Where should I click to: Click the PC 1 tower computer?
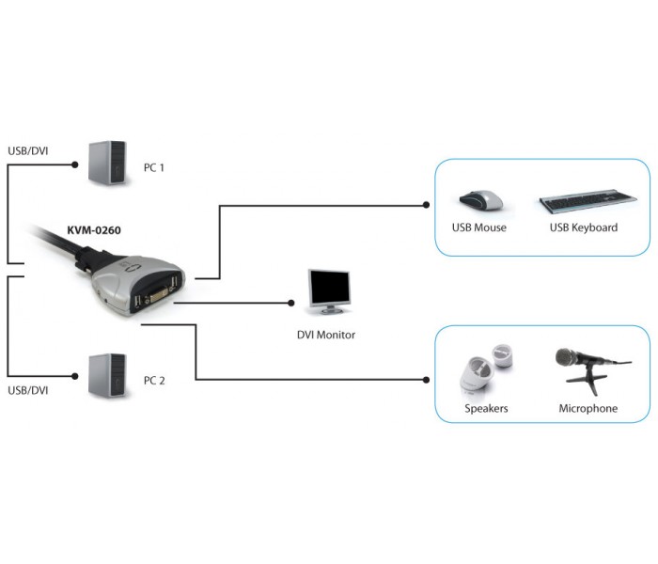107,163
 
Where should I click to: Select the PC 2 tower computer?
107,376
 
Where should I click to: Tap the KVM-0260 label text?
94,230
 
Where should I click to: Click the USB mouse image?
481,200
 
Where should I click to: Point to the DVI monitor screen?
329,286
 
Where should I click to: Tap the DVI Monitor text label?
326,335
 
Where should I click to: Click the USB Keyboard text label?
584,227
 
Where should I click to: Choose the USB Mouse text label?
479,227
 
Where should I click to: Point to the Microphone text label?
587,408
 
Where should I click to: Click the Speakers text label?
486,408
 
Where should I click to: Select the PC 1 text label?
154,167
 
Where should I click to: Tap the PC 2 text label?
154,381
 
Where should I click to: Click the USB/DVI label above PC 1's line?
27,150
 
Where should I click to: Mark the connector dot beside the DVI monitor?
291,303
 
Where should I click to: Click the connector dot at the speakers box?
427,380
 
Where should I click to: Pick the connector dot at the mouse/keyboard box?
427,205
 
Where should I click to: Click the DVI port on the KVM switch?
156,296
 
